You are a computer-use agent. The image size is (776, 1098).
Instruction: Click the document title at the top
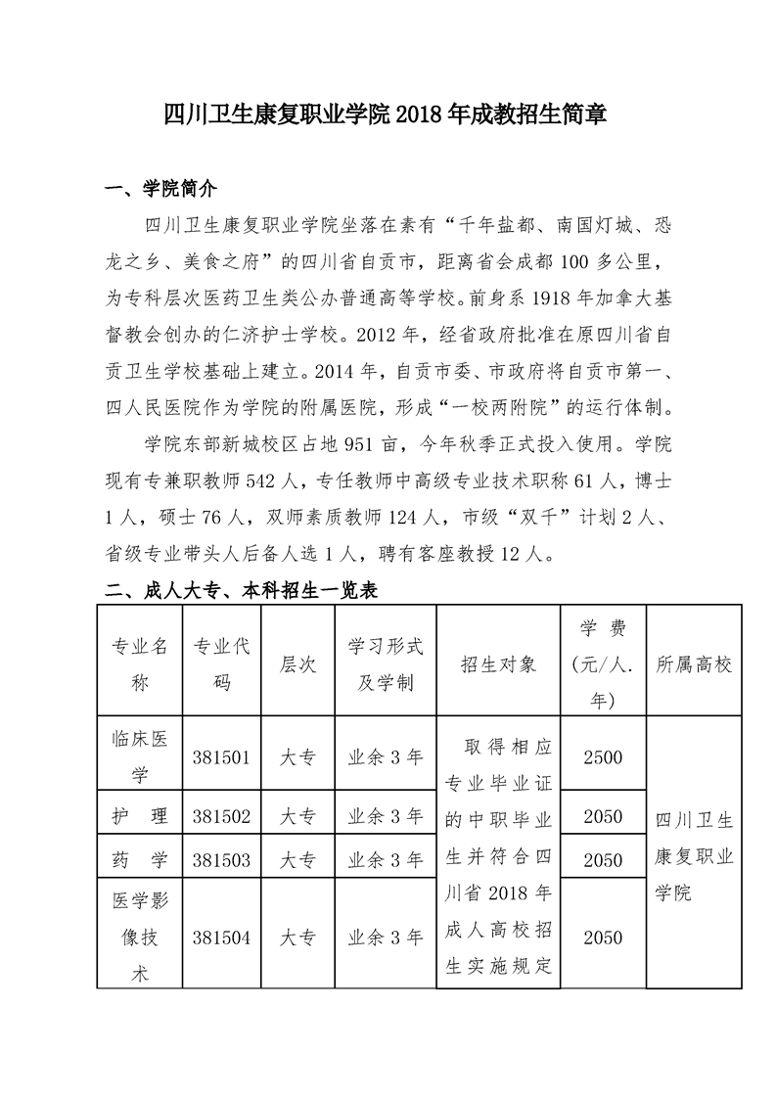tap(387, 115)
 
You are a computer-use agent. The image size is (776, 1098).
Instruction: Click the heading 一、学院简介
tap(160, 190)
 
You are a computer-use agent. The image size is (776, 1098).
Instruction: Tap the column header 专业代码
tap(222, 663)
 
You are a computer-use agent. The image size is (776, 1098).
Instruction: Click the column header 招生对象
tap(498, 664)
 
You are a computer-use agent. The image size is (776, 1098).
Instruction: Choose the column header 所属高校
tap(694, 664)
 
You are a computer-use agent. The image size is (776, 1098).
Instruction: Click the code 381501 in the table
tap(222, 756)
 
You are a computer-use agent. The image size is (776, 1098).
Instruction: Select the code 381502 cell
tap(222, 816)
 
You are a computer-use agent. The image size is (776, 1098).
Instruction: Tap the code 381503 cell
tap(222, 860)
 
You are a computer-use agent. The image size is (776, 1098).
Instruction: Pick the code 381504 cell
tap(222, 937)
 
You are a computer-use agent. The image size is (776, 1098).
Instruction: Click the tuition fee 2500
tap(602, 756)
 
